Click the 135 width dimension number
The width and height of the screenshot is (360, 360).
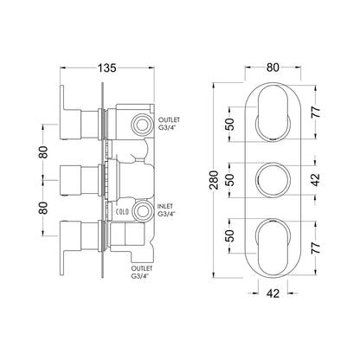(107, 68)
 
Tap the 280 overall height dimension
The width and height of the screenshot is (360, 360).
(214, 180)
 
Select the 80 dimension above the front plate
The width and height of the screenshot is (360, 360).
(273, 67)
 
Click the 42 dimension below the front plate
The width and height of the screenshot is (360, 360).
(273, 293)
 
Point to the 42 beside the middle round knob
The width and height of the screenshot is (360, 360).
(316, 180)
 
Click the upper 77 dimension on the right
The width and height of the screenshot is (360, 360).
(316, 112)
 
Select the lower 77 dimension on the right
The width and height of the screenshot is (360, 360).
(316, 247)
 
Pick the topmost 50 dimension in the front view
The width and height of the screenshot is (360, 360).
(231, 125)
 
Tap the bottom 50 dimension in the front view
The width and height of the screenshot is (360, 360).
(231, 235)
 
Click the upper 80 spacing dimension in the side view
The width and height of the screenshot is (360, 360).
(43, 152)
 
